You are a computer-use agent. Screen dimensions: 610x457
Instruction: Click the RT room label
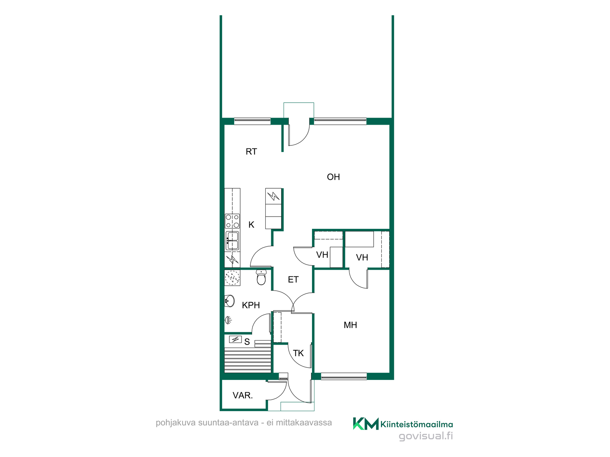(x=251, y=152)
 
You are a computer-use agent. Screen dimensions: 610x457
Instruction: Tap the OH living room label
(x=333, y=177)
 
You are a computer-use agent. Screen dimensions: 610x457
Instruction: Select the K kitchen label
(x=251, y=225)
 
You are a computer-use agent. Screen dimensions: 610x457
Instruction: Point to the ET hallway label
(x=293, y=280)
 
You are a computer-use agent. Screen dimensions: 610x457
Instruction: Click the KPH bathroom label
(x=251, y=305)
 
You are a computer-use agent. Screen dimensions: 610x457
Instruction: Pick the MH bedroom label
(x=350, y=325)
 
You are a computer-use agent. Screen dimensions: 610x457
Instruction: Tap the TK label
(x=298, y=353)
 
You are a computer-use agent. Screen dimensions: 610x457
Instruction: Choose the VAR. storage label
(x=243, y=395)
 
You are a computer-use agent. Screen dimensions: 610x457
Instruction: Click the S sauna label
(x=247, y=342)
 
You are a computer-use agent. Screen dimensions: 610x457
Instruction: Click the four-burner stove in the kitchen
(x=232, y=221)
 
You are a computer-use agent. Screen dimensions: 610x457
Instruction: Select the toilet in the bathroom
(x=261, y=277)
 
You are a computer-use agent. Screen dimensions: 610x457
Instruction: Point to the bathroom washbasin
(x=229, y=301)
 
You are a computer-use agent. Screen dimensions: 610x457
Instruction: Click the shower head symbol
(x=228, y=320)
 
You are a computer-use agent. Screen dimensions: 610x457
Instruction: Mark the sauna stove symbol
(x=235, y=340)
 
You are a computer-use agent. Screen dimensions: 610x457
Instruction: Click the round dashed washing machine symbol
(x=232, y=278)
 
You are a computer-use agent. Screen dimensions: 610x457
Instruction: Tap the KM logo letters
(x=366, y=424)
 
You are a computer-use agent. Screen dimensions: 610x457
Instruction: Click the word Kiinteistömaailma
(x=417, y=425)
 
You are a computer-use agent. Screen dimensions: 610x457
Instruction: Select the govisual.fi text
(x=426, y=436)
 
